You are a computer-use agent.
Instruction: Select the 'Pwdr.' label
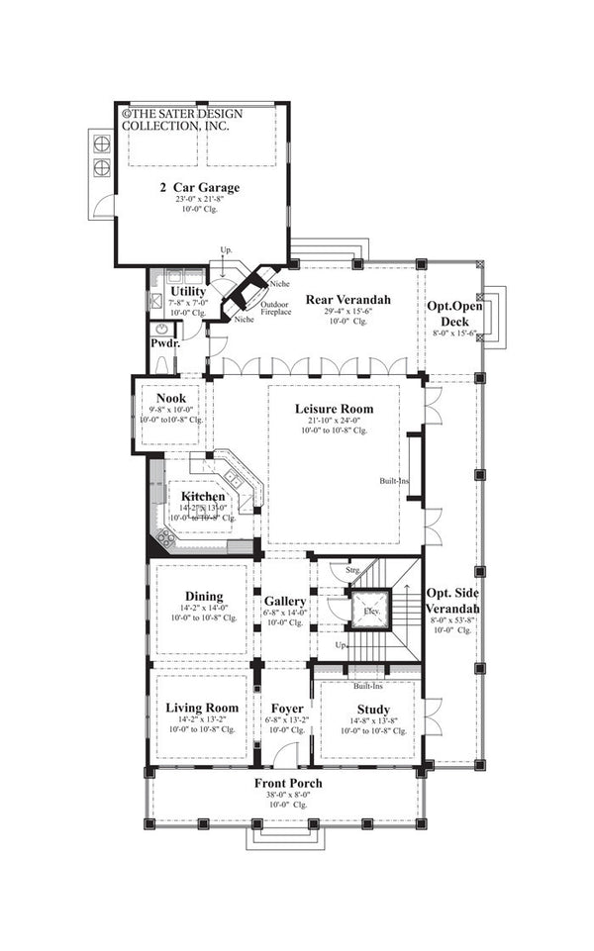click(164, 342)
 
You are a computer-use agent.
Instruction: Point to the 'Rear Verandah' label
click(347, 300)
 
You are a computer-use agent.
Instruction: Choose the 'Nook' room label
click(171, 398)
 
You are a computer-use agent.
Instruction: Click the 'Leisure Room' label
click(334, 407)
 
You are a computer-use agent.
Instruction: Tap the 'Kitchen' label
click(202, 496)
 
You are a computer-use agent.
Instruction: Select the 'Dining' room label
click(202, 596)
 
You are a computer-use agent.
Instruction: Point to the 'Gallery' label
click(285, 601)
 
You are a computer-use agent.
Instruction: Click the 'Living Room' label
click(202, 708)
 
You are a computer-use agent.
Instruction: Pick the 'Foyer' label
click(285, 709)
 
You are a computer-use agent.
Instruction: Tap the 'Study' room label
click(372, 709)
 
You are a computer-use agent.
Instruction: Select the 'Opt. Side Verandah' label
click(453, 600)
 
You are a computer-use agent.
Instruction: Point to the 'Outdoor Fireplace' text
click(275, 307)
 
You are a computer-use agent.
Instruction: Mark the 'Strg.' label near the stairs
click(351, 571)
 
